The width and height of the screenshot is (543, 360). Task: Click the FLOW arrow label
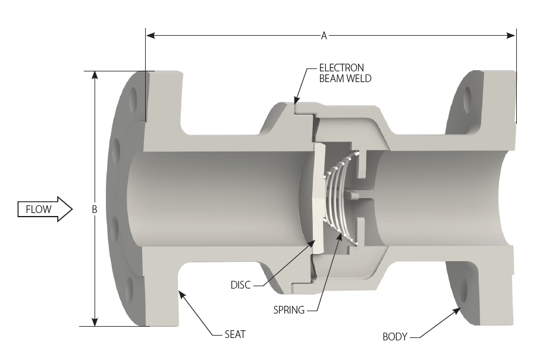click(38, 209)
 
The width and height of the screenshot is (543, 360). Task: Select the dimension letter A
click(324, 36)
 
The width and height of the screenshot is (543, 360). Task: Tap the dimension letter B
click(94, 209)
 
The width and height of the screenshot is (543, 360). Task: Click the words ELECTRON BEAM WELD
click(341, 73)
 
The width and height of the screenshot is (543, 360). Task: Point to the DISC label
click(241, 285)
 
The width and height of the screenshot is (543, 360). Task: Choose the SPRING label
click(289, 309)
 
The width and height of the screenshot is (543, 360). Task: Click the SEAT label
click(235, 334)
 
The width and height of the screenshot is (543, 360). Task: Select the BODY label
click(395, 337)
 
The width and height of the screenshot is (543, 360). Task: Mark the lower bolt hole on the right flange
click(464, 291)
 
